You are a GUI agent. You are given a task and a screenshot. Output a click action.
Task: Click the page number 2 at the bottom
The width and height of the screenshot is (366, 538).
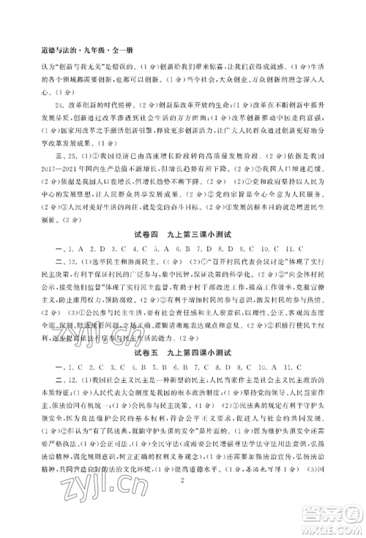(182, 517)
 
